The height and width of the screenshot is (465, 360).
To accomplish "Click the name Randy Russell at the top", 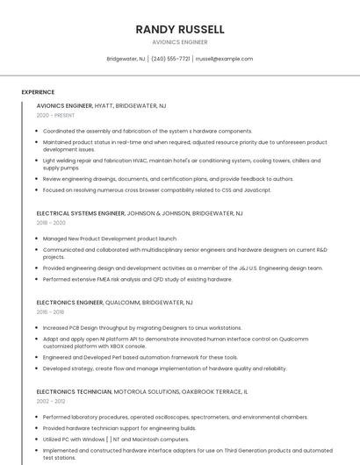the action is (x=180, y=29).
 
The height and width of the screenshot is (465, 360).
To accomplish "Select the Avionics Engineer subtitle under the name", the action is (x=180, y=42).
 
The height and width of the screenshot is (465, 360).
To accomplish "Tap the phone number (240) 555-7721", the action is (x=170, y=59).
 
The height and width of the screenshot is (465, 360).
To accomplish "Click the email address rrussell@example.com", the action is (x=224, y=59).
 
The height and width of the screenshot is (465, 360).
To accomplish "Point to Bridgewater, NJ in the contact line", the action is (x=126, y=59).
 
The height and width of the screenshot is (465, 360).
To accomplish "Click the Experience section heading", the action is (x=38, y=92).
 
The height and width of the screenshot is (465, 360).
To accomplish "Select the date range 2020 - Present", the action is (x=55, y=115).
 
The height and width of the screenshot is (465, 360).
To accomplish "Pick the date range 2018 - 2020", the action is (x=52, y=223).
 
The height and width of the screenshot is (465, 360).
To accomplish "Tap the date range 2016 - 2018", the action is (x=52, y=311).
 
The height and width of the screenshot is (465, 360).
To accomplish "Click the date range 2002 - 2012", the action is (x=52, y=401).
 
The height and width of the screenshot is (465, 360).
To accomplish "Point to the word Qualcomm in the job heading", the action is (x=127, y=302).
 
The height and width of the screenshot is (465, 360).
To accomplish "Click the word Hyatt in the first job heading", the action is (x=104, y=105).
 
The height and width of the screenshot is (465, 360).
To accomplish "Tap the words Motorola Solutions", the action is (x=141, y=391).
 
